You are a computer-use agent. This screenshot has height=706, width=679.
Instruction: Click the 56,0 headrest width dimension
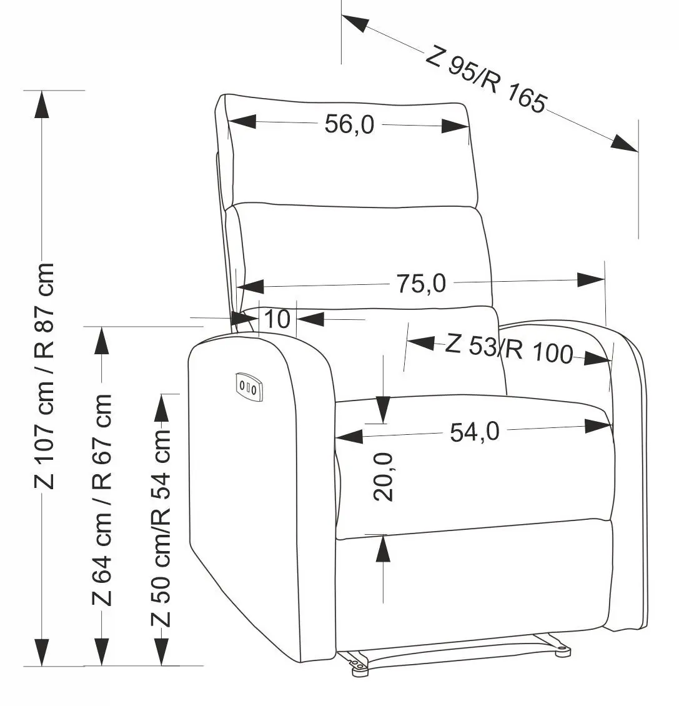(x=349, y=124)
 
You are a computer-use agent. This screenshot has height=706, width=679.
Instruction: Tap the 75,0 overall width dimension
(x=421, y=284)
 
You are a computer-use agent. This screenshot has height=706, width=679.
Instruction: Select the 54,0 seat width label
(x=475, y=432)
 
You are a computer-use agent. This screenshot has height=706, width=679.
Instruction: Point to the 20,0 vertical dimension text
(x=384, y=477)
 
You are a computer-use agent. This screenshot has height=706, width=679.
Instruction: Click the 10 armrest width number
(x=277, y=319)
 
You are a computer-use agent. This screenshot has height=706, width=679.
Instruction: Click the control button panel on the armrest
(x=248, y=386)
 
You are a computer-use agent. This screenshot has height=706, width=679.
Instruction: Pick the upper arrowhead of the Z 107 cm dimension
(x=42, y=104)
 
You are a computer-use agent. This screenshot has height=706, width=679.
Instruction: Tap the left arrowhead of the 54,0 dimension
(x=349, y=436)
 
